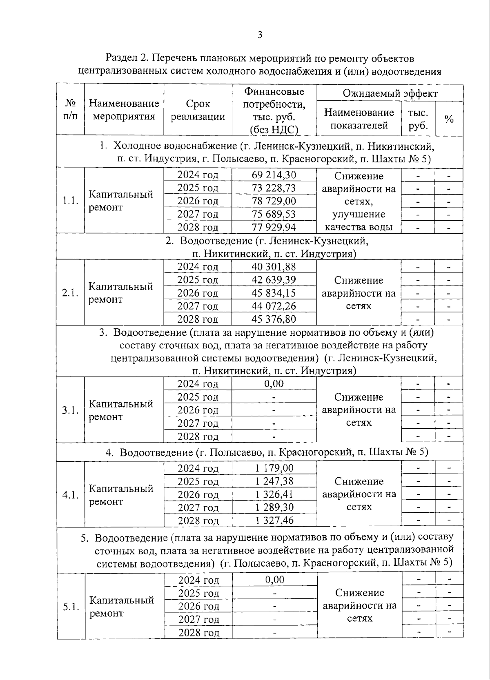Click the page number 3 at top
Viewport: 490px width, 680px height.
pos(260,35)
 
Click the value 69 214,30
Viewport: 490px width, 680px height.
pos(274,175)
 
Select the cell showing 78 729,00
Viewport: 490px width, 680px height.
pos(274,201)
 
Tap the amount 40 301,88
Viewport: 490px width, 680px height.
pos(274,267)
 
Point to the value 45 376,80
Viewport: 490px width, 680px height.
pos(274,319)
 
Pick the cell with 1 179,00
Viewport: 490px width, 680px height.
pos(274,468)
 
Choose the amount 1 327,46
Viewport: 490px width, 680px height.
pos(274,521)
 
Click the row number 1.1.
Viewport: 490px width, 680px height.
pos(70,201)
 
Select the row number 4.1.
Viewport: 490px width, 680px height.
pos(70,495)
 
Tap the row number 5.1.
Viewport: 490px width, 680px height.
pos(71,607)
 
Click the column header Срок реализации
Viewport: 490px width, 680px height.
pos(198,110)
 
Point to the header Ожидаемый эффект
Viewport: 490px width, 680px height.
pos(390,93)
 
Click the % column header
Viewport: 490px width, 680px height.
pos(449,119)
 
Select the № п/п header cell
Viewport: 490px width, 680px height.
pos(70,109)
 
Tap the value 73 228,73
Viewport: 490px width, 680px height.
pos(274,188)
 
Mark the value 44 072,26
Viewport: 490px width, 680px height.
pos(274,306)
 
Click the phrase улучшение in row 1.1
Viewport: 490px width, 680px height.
pos(359,214)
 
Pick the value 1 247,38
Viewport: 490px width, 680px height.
pos(274,481)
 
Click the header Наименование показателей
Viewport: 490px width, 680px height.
pos(359,119)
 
